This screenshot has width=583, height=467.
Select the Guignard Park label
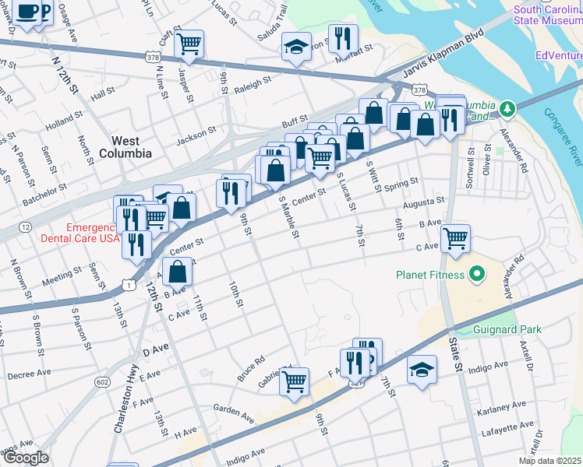pos(506,329)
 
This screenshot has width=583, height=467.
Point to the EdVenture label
pos(559,56)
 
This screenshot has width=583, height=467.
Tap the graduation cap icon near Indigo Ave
pos(422,369)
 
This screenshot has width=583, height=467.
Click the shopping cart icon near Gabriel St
pos(294,381)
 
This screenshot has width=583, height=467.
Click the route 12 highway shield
pos(26,226)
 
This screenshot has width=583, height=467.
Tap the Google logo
pos(26,457)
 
